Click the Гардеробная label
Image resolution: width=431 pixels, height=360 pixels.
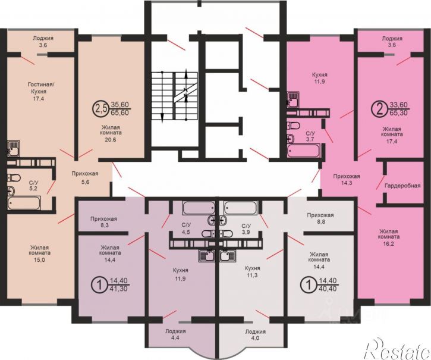tap(402, 186)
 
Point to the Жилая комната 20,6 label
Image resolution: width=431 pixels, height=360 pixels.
tap(112, 133)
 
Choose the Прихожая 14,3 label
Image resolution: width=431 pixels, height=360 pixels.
tap(347, 180)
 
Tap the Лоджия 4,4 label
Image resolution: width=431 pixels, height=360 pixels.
tap(175, 334)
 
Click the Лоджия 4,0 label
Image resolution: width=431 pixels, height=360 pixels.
tap(256, 334)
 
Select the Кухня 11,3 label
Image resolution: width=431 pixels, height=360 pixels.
tap(252, 272)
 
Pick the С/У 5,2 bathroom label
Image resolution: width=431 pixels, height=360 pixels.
tap(34, 185)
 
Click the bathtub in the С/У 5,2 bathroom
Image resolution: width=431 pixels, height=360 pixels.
tap(24, 203)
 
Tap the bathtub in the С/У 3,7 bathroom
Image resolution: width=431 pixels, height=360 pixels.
tap(303, 151)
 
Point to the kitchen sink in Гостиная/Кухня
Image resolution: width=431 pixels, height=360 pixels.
tap(14, 149)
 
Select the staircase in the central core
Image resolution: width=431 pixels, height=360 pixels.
tap(174, 96)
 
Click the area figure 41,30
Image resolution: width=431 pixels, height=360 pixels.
tap(119, 289)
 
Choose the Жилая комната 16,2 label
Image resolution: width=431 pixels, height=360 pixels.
tap(389, 237)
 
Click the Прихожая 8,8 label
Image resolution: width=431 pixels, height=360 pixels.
tap(320, 218)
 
